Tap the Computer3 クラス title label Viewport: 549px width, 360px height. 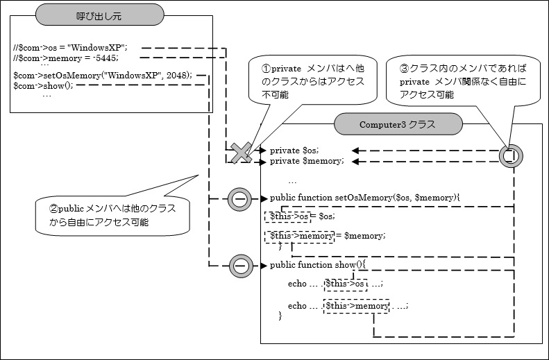click(x=397, y=124)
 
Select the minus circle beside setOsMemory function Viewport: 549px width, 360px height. click(x=240, y=198)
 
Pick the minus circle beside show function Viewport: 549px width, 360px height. click(x=240, y=265)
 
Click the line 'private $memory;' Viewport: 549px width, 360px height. click(x=306, y=161)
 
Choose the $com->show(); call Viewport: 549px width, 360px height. click(x=43, y=85)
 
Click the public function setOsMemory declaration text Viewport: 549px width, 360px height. click(x=364, y=198)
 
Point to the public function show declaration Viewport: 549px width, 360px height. click(x=316, y=265)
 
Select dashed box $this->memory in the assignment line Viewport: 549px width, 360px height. click(x=300, y=236)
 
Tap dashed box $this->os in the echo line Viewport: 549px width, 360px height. click(x=345, y=284)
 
